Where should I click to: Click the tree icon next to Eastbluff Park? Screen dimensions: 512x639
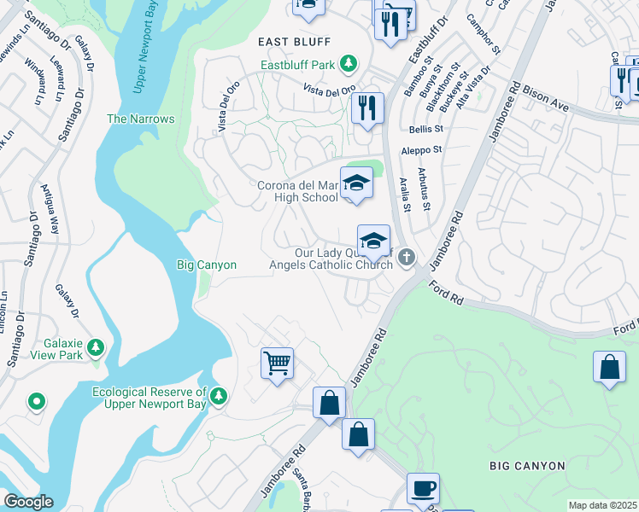(x=348, y=63)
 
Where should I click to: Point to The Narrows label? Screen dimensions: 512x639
(x=140, y=119)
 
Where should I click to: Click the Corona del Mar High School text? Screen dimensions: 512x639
(x=297, y=191)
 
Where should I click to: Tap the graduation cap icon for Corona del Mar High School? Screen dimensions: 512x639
(x=356, y=183)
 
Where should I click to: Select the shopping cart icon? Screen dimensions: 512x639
(x=278, y=364)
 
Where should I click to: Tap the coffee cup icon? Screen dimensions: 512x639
(x=423, y=489)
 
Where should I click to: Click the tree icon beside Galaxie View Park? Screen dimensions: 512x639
(x=96, y=347)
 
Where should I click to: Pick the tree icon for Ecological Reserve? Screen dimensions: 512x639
(x=219, y=395)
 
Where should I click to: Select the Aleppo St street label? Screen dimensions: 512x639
(x=420, y=149)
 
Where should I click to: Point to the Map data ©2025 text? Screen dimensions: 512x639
(x=602, y=505)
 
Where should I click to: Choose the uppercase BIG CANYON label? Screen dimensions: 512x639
(x=527, y=466)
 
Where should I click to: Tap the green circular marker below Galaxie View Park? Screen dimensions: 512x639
(x=36, y=400)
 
